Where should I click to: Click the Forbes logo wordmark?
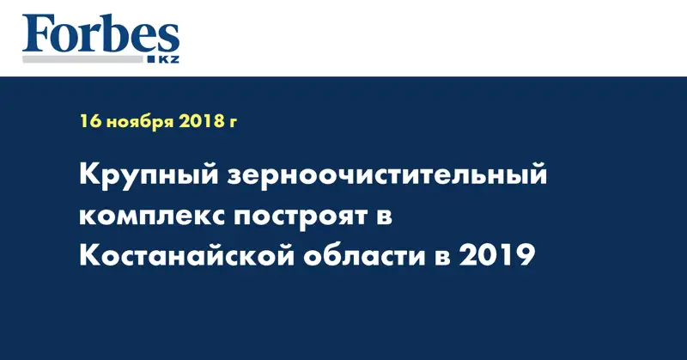tap(100, 35)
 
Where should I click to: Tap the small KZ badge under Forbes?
tap(169, 59)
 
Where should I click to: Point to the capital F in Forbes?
tap(37, 35)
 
